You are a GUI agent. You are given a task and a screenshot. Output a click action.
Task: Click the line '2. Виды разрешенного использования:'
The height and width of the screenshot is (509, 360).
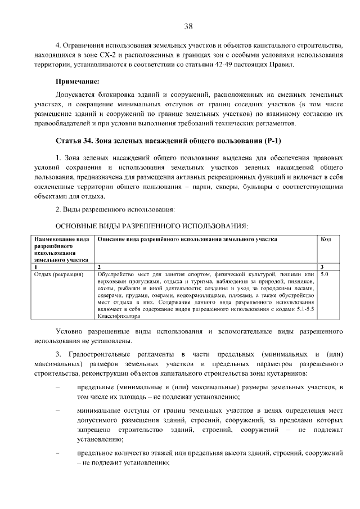tap(115, 210)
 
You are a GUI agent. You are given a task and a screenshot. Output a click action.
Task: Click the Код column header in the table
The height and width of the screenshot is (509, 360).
tap(326, 240)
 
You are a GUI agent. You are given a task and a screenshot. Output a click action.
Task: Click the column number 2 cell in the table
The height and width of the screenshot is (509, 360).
tap(99, 267)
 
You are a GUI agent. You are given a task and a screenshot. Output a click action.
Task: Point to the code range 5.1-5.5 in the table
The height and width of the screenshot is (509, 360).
tap(301, 309)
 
